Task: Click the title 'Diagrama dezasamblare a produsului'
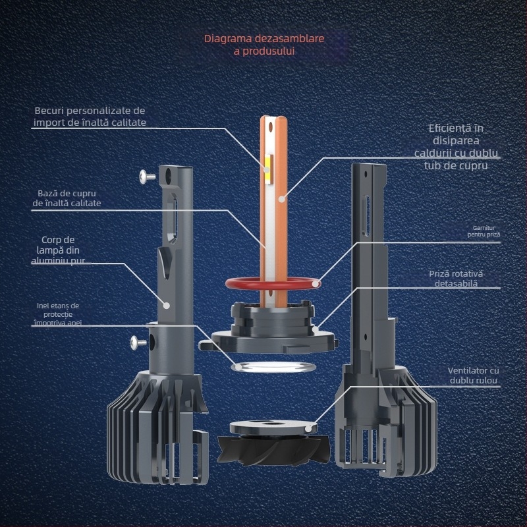[x=264, y=45]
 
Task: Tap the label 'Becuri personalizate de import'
[x=90, y=117]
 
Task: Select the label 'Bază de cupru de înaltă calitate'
[x=67, y=198]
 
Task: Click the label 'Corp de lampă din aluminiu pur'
[x=58, y=250]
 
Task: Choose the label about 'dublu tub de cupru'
[x=456, y=147]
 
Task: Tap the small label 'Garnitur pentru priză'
[x=484, y=231]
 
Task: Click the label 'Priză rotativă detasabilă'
[x=456, y=279]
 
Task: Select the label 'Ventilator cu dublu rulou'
[x=473, y=375]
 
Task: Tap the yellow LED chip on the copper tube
[x=268, y=169]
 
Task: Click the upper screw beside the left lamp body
[x=147, y=176]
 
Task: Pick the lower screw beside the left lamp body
[x=138, y=343]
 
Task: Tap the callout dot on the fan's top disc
[x=308, y=430]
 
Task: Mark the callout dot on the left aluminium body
[x=167, y=306]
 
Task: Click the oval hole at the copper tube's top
[x=271, y=126]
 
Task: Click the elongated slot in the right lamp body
[x=367, y=215]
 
